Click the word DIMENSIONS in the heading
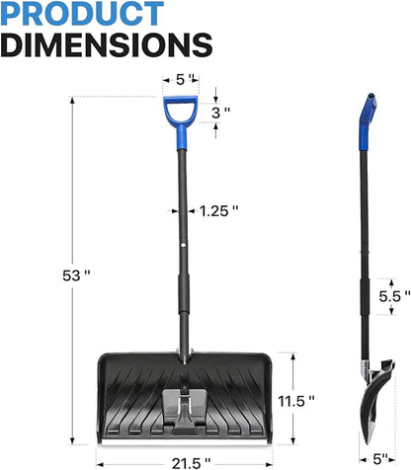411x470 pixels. [x=106, y=44]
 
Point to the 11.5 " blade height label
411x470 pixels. [x=296, y=401]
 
